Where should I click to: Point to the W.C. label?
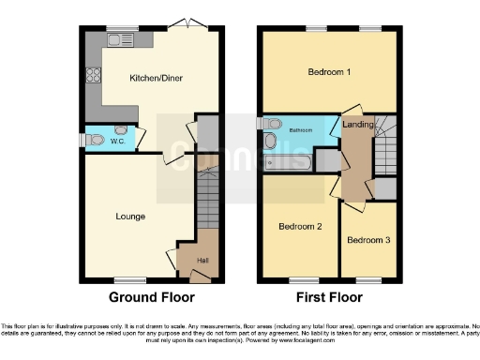coord(118,142)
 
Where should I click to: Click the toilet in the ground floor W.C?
coord(97,140)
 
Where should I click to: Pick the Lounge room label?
coord(130,217)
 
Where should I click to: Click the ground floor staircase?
coord(208,201)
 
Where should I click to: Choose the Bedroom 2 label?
coord(300,227)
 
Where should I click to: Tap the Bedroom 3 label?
coord(367,240)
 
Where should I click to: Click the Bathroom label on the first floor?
coord(300,130)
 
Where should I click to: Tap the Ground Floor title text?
coord(152,298)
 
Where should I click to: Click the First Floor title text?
coord(329,298)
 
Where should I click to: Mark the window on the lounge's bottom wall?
coord(130,279)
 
